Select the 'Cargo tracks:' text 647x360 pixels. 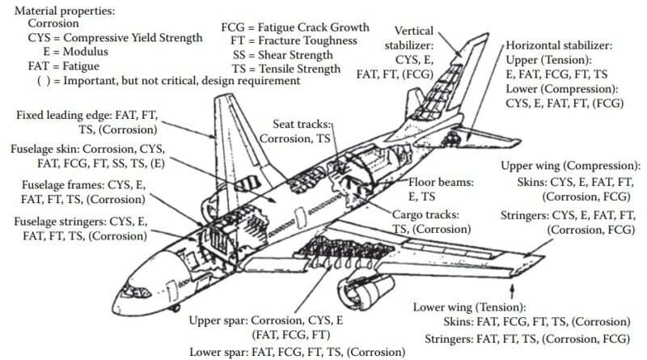click(x=427, y=215)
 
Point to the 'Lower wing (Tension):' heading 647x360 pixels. click(x=469, y=307)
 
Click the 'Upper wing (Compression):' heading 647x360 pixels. click(x=571, y=166)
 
